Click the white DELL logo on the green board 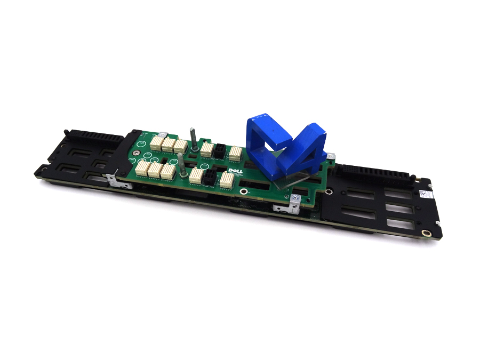coord(232,170)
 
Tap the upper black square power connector coord(219,151)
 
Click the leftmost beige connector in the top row coord(156,142)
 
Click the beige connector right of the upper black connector coord(235,154)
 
